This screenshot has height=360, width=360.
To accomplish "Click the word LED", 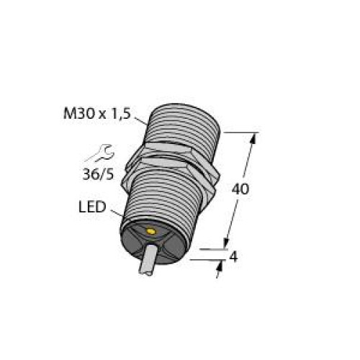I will [91, 208].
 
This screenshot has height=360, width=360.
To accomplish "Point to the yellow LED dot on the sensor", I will [151, 232].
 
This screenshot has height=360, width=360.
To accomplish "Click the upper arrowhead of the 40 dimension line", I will [253, 138].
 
